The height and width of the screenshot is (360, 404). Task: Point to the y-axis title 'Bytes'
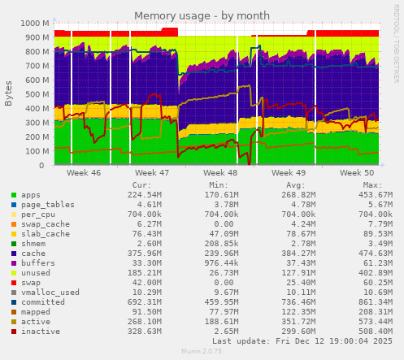pos(9,93)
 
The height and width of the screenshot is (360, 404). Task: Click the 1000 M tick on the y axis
pos(33,24)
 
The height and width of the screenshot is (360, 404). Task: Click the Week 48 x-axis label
pos(220,173)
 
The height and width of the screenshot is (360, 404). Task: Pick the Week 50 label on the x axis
pos(357,173)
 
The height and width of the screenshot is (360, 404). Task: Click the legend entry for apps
pos(31,195)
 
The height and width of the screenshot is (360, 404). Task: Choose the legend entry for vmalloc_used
pos(50,293)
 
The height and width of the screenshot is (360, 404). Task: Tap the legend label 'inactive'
pos(41,332)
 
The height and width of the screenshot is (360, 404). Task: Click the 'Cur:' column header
pos(141,184)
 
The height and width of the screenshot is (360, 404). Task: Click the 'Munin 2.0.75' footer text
pos(203,353)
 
